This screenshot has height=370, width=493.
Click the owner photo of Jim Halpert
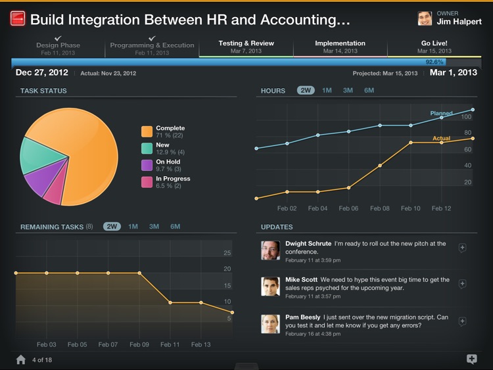coord(425,18)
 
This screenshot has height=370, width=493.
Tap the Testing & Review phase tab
coord(246,47)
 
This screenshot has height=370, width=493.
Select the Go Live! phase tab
coord(434,47)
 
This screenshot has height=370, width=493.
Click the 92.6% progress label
coord(434,62)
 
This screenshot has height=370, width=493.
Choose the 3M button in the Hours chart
coord(348,91)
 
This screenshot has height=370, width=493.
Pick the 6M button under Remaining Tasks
coord(176,227)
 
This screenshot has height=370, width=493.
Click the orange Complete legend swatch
coord(147,131)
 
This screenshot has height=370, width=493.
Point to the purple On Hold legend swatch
coord(147,166)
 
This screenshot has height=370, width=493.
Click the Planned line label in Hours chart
coord(441,114)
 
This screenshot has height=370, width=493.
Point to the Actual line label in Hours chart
coord(441,139)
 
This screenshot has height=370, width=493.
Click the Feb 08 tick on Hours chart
coord(380,208)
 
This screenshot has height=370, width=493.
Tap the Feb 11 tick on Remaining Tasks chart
coord(170,344)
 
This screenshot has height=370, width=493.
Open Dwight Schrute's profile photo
coord(270,250)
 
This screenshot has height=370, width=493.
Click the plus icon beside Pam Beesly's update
coord(462,321)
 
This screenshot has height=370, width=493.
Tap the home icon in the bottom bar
coord(21,359)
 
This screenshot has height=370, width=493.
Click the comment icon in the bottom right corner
coord(471,359)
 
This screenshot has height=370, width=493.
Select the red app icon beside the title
coord(18,19)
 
